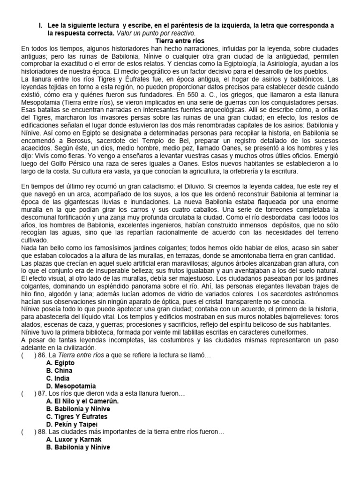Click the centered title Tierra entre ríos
pyautogui.click(x=180, y=41)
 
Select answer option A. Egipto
pyautogui.click(x=58, y=363)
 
